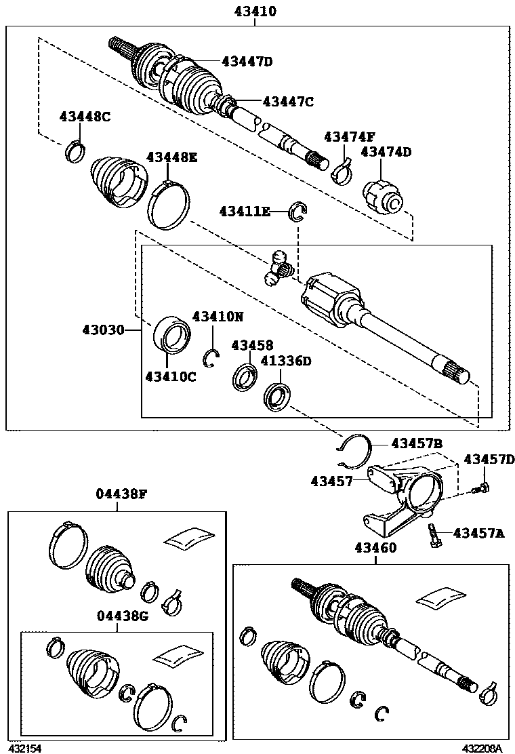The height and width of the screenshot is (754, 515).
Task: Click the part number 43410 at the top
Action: point(255,12)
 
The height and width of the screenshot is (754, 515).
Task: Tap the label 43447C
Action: point(288,102)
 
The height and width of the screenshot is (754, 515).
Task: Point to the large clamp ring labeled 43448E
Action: point(169,204)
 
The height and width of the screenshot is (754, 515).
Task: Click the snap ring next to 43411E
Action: point(298,212)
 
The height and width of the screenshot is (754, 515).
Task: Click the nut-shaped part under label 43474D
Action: point(384,195)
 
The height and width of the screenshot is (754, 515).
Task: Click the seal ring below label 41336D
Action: point(276,396)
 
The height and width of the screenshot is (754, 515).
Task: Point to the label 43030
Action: point(103,330)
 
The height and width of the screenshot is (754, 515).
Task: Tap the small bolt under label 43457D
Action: point(482,486)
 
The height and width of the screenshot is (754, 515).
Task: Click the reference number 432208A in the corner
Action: point(481,749)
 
